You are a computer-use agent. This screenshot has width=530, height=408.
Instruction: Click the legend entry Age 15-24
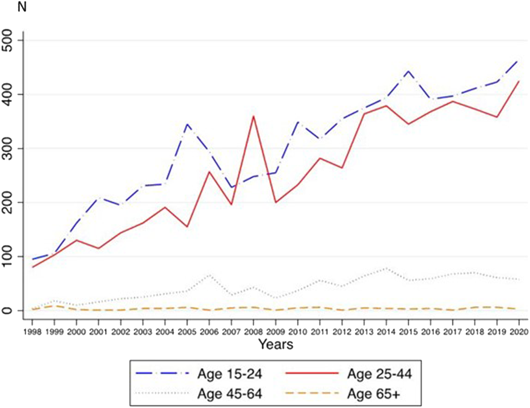tap(230, 374)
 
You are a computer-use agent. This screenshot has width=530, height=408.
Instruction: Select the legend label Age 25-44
tap(379, 374)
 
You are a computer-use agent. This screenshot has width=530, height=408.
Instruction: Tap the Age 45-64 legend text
tap(230, 393)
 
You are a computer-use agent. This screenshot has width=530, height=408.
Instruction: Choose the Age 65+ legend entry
tap(373, 393)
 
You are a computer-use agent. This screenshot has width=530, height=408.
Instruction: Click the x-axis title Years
tap(276, 344)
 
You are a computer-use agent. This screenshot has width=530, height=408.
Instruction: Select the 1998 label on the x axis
tap(32, 332)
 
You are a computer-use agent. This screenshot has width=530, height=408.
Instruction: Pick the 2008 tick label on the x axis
tap(253, 332)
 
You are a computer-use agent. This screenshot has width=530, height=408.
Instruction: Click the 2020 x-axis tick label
tap(518, 332)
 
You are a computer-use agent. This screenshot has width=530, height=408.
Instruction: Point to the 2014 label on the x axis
tap(386, 332)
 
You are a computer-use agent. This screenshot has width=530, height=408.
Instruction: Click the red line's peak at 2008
tap(253, 116)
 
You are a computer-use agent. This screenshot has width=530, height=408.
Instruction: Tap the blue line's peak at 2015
tap(408, 71)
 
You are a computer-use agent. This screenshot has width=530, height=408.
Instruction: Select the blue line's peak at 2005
tap(187, 124)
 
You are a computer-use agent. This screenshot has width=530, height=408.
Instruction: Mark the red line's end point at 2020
tap(518, 81)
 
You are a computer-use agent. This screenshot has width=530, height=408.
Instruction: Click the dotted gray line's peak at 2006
tap(209, 275)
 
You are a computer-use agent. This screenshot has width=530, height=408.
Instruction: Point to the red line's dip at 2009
tap(276, 202)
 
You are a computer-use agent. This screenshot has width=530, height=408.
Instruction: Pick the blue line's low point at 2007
tap(231, 187)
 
